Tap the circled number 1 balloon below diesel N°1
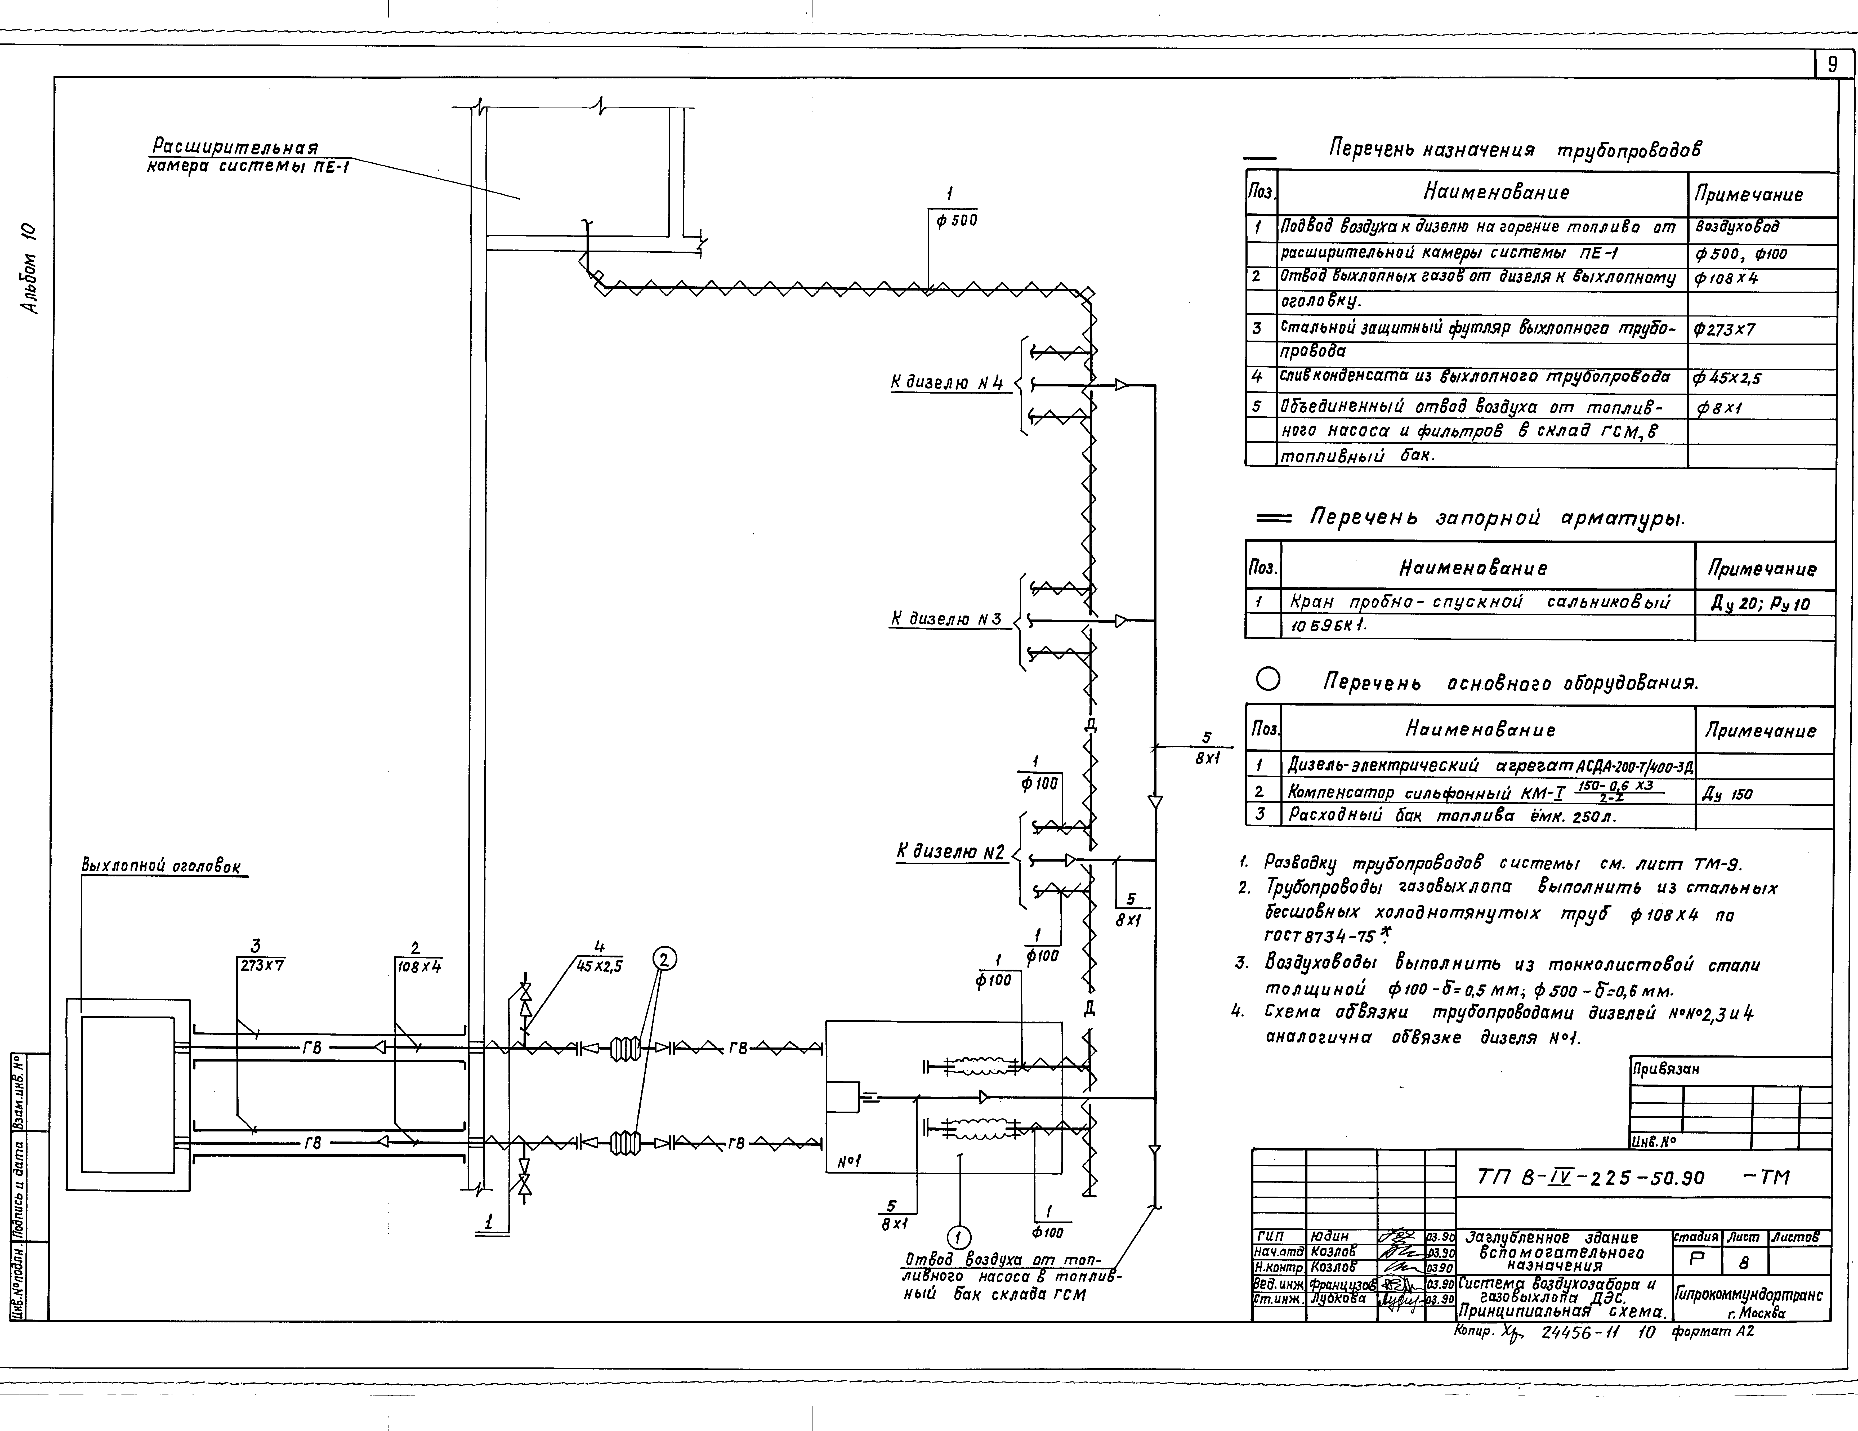(959, 1237)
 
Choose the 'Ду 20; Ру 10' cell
(1760, 604)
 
